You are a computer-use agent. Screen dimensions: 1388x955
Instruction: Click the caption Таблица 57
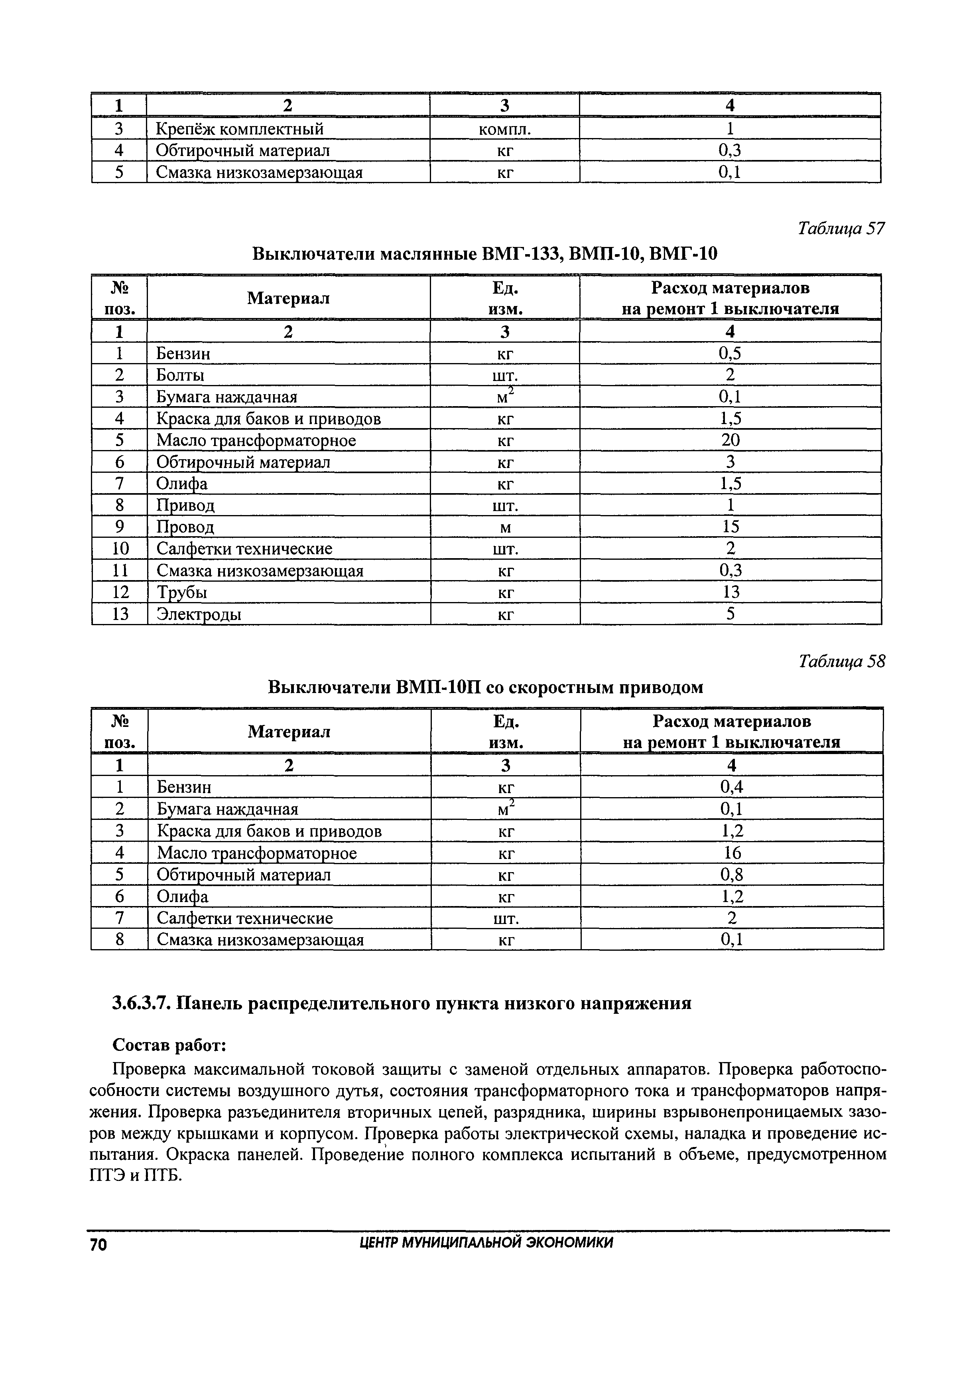[841, 229]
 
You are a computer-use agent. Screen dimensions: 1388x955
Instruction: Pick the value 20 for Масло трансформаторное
[730, 440]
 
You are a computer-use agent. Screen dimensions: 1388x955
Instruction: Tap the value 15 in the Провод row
[730, 527]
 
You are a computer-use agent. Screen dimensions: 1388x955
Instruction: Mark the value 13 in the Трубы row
[730, 592]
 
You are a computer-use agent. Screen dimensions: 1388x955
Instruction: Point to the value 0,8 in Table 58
[731, 875]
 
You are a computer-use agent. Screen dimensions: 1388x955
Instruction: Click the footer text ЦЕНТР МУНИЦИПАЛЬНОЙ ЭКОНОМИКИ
[486, 1243]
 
